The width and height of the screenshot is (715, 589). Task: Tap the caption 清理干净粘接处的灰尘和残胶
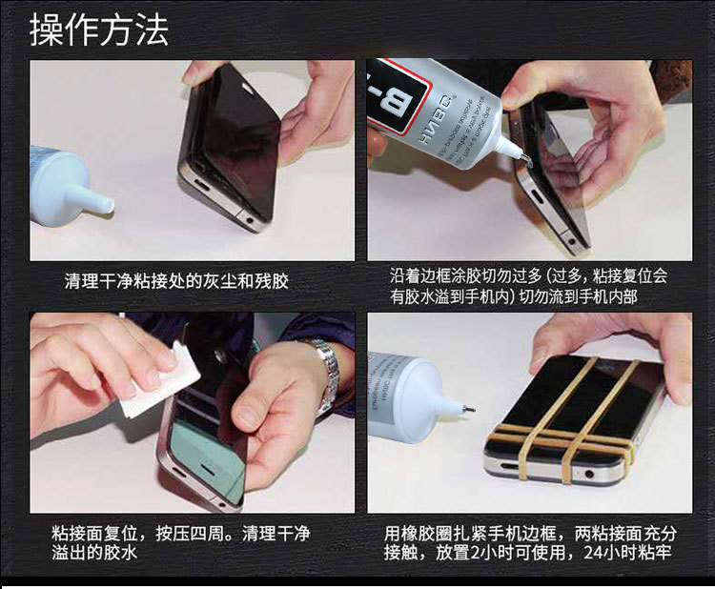176,281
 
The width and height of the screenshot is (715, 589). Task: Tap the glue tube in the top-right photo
439,105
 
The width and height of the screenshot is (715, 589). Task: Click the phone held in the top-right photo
553,181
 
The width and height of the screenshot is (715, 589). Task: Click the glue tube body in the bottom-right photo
400,396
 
